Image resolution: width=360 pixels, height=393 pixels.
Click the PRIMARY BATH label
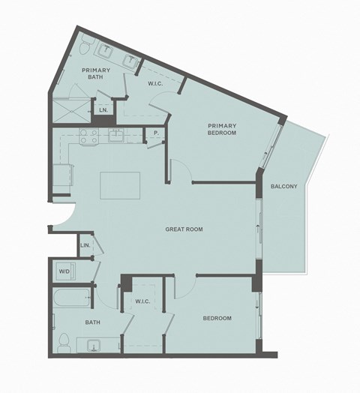tap(96, 74)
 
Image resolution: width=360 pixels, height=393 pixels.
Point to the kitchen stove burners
tap(86, 137)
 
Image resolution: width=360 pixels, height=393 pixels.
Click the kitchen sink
tap(117, 136)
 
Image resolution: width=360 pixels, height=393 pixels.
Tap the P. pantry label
tap(155, 134)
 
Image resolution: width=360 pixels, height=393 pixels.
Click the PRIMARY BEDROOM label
tap(222, 129)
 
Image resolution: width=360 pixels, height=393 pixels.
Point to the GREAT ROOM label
tap(184, 229)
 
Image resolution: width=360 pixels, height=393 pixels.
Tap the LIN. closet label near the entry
tap(85, 245)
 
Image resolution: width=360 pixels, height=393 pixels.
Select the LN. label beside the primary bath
tap(103, 110)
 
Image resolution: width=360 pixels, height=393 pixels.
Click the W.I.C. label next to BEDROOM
tap(143, 301)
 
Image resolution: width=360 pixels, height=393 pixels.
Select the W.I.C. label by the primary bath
tap(156, 83)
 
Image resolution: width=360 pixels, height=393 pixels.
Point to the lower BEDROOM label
tap(217, 318)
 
